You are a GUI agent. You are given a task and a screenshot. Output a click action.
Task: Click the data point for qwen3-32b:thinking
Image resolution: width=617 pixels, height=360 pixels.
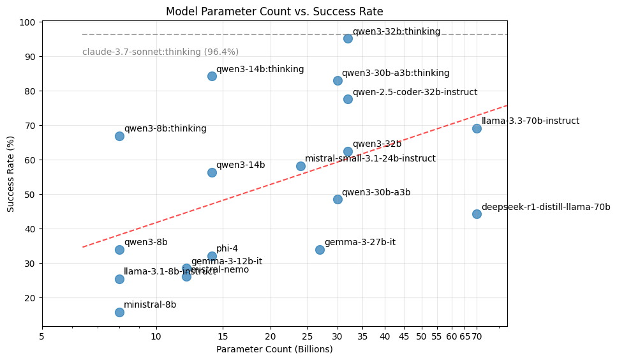348,38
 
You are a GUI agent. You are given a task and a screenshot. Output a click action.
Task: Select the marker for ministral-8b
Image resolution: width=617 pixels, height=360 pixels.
119,312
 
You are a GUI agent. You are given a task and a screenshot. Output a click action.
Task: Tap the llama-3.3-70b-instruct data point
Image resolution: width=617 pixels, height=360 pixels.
477,128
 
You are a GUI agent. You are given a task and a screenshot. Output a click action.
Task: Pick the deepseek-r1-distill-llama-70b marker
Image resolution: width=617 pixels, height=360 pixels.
477,214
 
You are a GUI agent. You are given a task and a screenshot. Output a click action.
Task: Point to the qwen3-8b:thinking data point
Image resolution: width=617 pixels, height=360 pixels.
119,136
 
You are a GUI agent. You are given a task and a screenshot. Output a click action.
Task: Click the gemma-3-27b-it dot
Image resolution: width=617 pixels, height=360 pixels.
320,250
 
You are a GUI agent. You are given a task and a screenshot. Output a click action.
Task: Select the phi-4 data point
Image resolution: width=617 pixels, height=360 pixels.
212,256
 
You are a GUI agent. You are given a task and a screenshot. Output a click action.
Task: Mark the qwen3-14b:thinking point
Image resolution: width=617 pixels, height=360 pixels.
212,76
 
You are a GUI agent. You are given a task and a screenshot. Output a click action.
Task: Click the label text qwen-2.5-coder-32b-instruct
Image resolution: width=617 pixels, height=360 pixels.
415,92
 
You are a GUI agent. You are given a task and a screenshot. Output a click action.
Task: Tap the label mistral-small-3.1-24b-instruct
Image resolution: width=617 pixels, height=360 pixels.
370,158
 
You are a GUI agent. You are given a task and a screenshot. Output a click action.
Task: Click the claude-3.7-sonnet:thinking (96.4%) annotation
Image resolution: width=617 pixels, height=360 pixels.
160,52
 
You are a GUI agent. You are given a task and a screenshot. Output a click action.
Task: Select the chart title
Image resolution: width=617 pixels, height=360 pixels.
274,11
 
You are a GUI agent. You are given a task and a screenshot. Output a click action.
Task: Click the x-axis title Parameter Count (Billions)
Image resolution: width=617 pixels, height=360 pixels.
274,349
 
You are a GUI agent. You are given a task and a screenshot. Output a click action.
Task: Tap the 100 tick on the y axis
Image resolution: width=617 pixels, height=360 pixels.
29,22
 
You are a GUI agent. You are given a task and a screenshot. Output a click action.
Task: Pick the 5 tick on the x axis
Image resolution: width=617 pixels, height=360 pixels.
42,336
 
